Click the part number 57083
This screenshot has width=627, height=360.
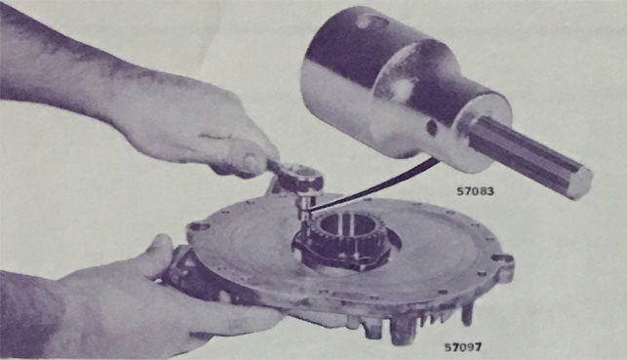[x=475, y=191]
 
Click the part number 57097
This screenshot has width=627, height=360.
[x=463, y=346]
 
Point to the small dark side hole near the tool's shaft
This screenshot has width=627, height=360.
[x=432, y=128]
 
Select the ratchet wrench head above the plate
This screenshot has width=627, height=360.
[x=298, y=178]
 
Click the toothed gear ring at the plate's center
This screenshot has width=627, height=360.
[x=347, y=238]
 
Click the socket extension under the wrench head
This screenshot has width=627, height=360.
[x=304, y=213]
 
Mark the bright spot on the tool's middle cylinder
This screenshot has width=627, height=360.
[x=403, y=87]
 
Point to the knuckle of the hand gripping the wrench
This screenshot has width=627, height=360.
[x=250, y=161]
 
